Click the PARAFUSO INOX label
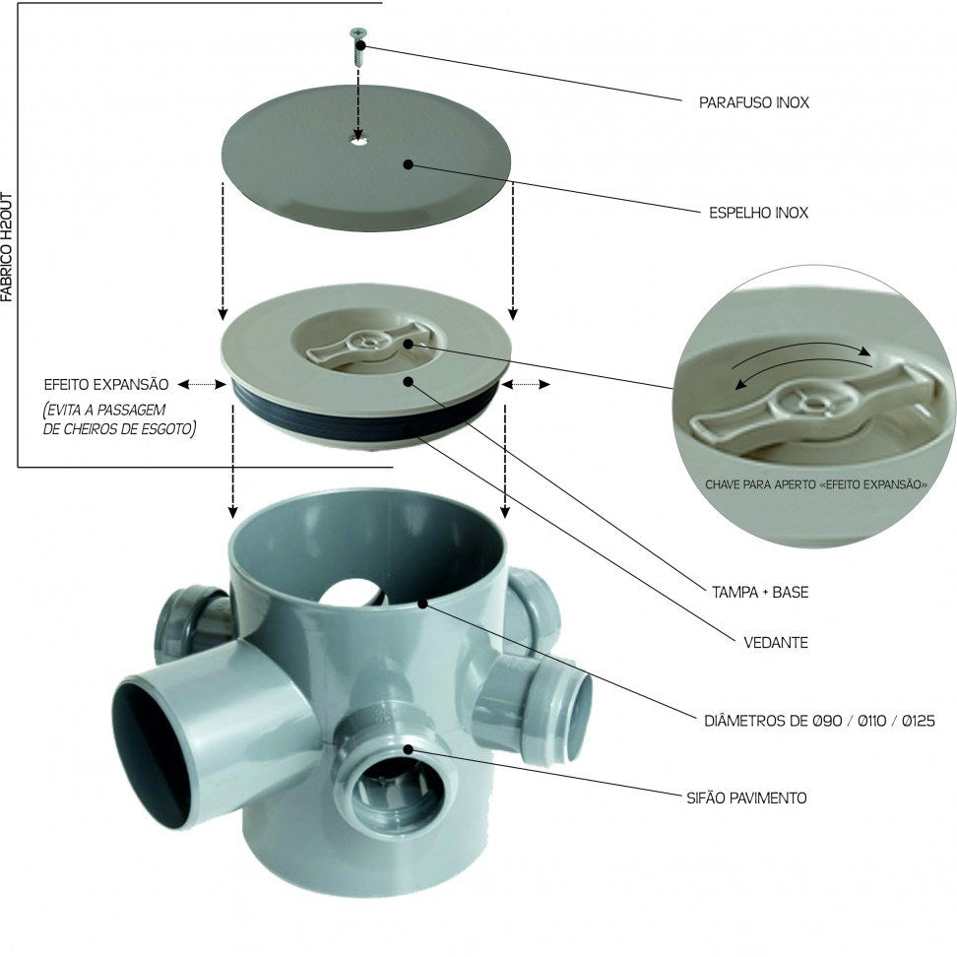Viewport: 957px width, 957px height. pos(754,102)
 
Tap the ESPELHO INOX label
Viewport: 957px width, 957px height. pos(759,213)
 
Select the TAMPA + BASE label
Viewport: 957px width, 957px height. pos(760,592)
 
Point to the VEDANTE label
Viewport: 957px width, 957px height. pos(776,643)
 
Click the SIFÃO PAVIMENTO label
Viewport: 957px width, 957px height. pos(746,797)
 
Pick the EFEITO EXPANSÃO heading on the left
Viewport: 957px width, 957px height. pos(106,385)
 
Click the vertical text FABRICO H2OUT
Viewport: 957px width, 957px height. pos(7,247)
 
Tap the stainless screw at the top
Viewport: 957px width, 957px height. pos(357,47)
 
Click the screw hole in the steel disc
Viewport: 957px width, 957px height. pos(358,141)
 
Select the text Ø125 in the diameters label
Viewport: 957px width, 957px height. pos(918,721)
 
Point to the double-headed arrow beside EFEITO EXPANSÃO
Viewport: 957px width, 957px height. pos(202,385)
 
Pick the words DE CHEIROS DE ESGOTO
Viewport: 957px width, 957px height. pos(120,429)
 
